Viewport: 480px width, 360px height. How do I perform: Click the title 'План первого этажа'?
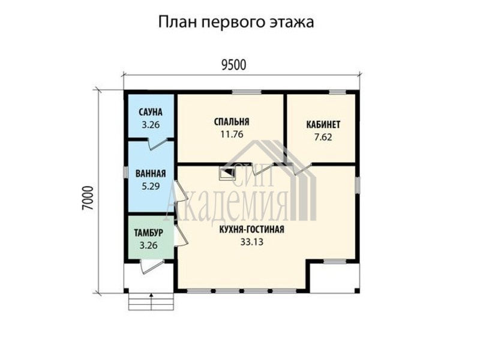click(x=236, y=23)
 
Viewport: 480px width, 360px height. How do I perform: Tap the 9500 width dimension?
click(x=233, y=65)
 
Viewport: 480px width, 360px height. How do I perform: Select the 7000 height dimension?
click(x=87, y=198)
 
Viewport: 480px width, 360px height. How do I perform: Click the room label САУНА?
click(x=151, y=112)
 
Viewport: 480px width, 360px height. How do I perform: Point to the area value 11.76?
click(x=232, y=134)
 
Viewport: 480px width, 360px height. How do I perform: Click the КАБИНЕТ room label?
click(x=323, y=125)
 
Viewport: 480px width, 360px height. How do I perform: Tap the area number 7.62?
click(x=323, y=137)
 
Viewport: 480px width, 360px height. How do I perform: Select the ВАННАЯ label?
click(x=151, y=173)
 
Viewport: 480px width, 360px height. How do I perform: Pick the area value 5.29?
click(x=151, y=186)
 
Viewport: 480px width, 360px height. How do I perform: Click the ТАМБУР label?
click(x=148, y=233)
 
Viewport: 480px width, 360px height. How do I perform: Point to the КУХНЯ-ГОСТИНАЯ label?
click(x=251, y=229)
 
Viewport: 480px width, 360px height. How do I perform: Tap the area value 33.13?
click(x=251, y=242)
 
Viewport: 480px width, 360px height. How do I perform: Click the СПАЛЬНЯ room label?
click(x=232, y=122)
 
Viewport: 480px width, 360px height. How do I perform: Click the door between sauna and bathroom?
click(x=157, y=144)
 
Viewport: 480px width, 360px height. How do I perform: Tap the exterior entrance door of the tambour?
click(x=152, y=266)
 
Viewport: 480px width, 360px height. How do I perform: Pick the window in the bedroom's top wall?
click(x=247, y=92)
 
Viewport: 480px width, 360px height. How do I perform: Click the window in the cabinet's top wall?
click(x=337, y=92)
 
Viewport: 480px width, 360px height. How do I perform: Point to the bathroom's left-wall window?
click(x=125, y=172)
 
